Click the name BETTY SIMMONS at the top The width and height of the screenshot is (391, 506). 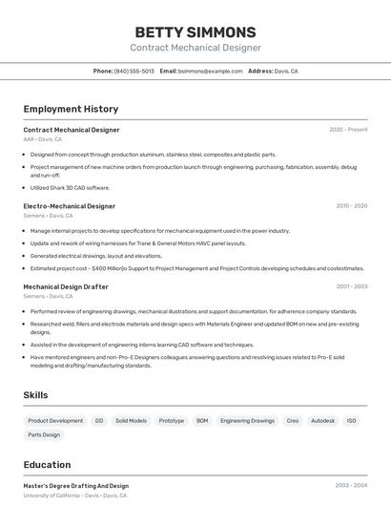click(x=195, y=32)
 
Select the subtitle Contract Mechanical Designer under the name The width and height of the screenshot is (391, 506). click(x=195, y=48)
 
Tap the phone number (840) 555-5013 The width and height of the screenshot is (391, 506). click(x=134, y=72)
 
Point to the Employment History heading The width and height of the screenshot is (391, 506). click(x=71, y=109)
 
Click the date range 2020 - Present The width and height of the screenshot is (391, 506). click(x=348, y=130)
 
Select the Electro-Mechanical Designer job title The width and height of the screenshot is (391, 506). click(x=70, y=205)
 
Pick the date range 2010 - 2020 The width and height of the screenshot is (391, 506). click(x=352, y=205)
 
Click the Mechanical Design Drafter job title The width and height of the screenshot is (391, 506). click(x=66, y=286)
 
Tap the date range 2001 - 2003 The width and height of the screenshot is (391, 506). click(x=352, y=286)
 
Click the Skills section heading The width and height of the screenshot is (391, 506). click(x=35, y=395)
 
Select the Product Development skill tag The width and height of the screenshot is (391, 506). click(x=55, y=420)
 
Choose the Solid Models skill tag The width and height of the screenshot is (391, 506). click(x=131, y=420)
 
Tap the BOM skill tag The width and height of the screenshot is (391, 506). click(x=202, y=420)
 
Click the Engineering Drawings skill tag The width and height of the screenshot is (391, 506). click(x=247, y=420)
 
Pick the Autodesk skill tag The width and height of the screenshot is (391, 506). click(x=323, y=420)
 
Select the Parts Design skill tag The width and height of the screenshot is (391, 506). click(x=44, y=434)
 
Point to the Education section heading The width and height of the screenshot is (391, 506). click(x=49, y=465)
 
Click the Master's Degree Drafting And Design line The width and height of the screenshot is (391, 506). click(x=76, y=486)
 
